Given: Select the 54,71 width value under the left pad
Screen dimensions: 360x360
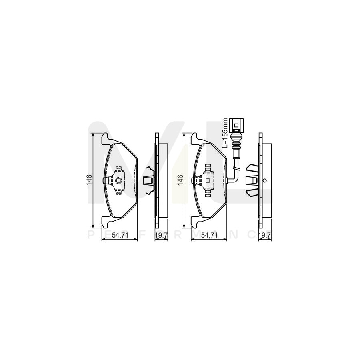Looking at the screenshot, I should point(120,236).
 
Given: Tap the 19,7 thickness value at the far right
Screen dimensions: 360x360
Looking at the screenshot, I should point(264,236).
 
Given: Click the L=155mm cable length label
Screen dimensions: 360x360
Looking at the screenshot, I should point(225,133).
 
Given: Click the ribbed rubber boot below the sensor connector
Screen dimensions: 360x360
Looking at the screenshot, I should point(237,142).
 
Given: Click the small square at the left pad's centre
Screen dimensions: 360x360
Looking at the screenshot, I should point(118,180).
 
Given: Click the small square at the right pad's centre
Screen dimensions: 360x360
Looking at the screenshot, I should point(208,180).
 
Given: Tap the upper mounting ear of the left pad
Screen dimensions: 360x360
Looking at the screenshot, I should point(105,138).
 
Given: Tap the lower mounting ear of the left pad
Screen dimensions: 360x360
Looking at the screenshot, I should point(105,221).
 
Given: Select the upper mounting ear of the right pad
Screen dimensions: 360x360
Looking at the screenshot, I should point(194,138).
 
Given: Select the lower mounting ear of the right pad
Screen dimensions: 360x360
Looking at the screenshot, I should point(194,221).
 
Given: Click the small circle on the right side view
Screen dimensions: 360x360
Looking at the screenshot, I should point(264,180).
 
